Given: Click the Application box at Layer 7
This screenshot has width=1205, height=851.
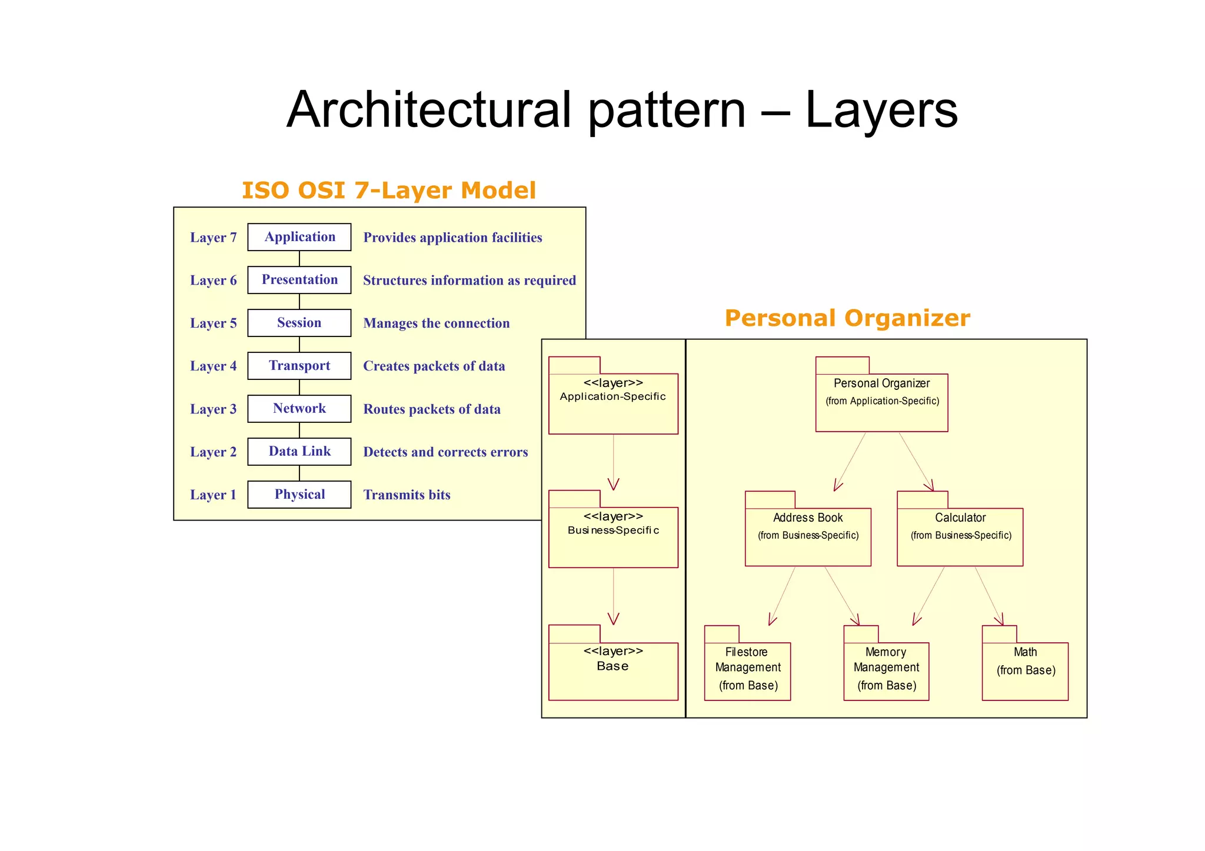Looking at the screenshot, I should coord(299,237).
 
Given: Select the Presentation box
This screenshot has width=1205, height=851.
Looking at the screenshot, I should coord(299,280).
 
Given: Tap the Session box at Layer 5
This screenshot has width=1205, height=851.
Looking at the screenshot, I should coord(299,323).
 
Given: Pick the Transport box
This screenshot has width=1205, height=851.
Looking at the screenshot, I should coord(299,366).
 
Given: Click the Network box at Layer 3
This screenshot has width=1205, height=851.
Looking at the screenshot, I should coord(299,409).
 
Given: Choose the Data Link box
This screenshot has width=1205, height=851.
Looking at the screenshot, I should coord(299,452).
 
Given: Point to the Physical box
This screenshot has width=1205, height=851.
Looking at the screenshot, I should coord(299,495).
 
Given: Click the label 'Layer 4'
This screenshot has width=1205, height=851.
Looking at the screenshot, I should coord(213,366).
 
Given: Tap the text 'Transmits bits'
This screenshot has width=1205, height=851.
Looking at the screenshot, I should coord(407,495).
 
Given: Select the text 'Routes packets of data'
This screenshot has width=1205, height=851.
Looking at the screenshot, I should coord(431,409).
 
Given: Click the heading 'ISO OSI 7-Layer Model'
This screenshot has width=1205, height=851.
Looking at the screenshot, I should coord(389,191).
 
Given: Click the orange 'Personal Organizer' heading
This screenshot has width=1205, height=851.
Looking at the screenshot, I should coord(847,318).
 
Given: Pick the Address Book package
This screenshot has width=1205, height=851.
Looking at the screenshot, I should coord(807,536).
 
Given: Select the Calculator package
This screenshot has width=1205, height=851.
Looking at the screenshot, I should coord(960,536).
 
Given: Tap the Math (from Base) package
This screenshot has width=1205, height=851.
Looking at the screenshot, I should coord(1025,670).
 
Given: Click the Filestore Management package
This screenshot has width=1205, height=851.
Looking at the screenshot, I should coord(747,670).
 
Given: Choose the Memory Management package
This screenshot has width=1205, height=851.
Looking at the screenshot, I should coord(886,670).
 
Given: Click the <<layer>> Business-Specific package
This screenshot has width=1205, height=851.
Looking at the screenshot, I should coord(613,536).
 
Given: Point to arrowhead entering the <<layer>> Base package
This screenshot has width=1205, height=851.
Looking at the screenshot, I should coord(613,619).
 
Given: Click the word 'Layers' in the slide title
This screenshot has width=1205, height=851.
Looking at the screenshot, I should coord(881,110).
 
